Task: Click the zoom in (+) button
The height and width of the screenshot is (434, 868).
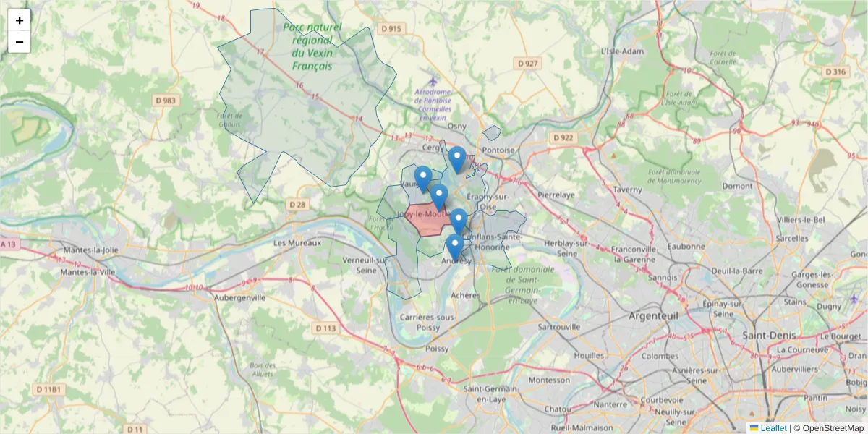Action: pos(20,20)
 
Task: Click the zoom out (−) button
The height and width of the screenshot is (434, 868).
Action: pos(20,42)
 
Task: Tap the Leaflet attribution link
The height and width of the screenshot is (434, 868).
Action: pos(773,428)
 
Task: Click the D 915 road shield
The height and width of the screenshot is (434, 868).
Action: pos(390,29)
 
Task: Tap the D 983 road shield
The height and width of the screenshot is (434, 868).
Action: pos(166,101)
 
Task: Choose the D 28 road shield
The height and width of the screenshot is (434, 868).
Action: pos(298,205)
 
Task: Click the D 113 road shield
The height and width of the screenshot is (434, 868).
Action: pos(327,328)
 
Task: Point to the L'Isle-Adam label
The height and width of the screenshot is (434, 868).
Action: pos(622,51)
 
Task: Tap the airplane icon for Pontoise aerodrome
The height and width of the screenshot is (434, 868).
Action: pos(433,81)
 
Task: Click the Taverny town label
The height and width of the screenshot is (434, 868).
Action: pos(626,190)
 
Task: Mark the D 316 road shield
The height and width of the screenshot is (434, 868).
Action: pos(835,72)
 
